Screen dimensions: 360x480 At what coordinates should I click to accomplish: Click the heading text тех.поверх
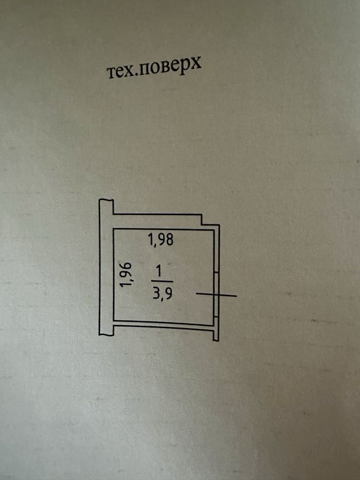[x=154, y=67]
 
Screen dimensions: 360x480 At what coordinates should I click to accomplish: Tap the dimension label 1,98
[x=161, y=239]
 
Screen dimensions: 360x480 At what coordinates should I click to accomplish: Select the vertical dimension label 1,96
[x=126, y=274]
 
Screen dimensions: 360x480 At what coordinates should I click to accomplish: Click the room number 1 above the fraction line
[x=159, y=272]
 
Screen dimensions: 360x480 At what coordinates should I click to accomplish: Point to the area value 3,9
[x=162, y=293]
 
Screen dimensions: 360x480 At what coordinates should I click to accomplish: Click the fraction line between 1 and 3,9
[x=162, y=281]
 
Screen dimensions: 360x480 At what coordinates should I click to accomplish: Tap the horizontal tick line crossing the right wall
[x=216, y=295]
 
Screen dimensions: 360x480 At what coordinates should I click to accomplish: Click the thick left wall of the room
[x=106, y=267]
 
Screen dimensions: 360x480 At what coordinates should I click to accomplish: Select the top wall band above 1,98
[x=157, y=221]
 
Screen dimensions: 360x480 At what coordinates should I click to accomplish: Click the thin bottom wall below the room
[x=164, y=325]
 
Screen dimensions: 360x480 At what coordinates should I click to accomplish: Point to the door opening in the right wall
[x=216, y=294]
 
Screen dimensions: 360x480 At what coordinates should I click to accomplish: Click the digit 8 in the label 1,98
[x=169, y=240]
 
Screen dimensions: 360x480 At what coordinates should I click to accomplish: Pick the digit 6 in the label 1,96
[x=126, y=266]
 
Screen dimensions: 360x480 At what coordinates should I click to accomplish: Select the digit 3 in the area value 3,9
[x=156, y=293]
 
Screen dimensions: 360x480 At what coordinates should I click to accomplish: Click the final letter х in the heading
[x=196, y=63]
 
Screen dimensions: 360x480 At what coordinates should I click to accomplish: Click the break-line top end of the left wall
[x=106, y=200]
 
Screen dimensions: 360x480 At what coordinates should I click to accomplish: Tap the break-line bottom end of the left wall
[x=106, y=334]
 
